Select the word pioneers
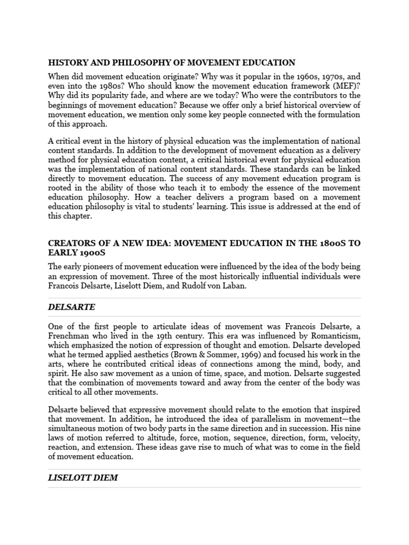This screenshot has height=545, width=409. [x=103, y=267]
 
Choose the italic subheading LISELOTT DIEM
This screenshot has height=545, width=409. [x=83, y=478]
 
